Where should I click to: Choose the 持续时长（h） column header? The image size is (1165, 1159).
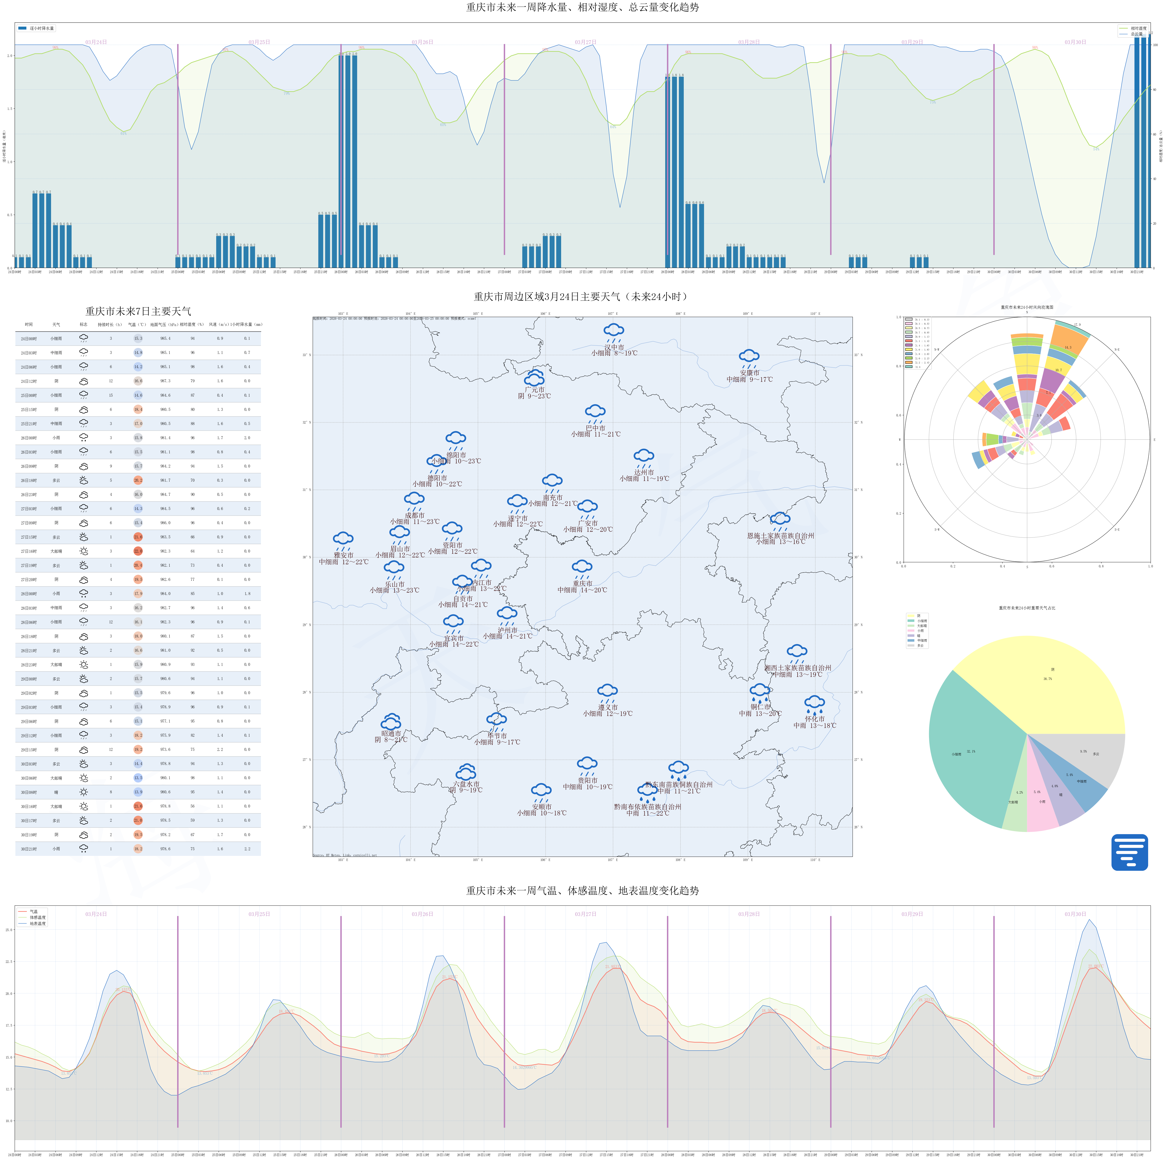point(110,324)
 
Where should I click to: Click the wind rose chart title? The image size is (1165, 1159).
point(1027,307)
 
